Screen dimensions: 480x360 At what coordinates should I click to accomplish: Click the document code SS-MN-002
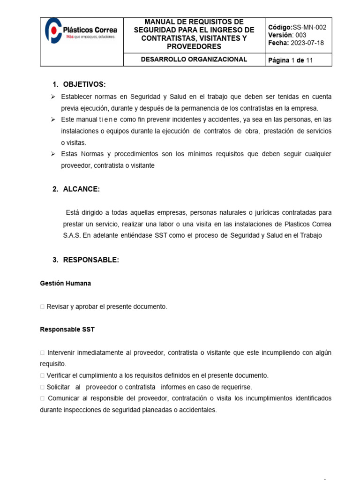309,27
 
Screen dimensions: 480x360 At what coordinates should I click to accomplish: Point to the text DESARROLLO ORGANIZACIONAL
194,59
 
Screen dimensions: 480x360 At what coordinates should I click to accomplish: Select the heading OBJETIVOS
84,84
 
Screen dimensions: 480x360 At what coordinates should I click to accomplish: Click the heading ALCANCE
81,189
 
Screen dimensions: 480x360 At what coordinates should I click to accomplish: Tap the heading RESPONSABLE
91,260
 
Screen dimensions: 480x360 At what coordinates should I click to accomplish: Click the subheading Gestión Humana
65,283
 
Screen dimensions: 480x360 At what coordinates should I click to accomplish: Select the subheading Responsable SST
67,330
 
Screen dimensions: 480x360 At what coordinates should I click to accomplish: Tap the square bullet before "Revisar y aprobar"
43,307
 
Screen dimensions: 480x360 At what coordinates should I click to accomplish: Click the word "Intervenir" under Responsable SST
62,352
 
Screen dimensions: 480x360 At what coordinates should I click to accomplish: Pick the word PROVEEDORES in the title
194,46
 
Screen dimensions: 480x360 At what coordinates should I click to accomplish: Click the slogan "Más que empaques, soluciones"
90,36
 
